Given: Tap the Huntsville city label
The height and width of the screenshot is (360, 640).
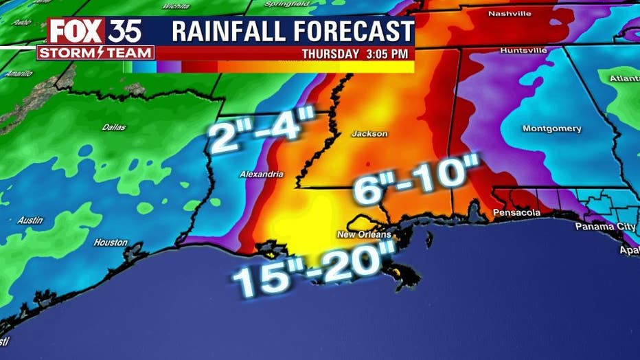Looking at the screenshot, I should [523, 51].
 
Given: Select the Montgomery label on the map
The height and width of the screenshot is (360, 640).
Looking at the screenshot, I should [551, 128].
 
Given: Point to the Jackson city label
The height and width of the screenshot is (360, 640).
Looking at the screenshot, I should [369, 133].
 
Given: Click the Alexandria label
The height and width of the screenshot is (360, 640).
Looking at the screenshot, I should [261, 175].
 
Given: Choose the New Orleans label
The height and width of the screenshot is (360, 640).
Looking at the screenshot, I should [364, 234].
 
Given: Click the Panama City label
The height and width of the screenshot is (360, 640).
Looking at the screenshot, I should [605, 226].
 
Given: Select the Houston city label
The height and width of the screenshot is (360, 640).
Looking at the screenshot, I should [111, 243].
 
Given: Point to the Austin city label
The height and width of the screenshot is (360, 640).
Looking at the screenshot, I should [30, 221].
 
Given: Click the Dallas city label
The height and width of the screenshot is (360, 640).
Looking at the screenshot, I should [114, 127].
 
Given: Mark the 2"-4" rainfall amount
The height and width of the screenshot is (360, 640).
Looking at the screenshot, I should [262, 132].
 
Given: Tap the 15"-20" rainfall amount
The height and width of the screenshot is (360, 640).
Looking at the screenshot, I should [315, 271].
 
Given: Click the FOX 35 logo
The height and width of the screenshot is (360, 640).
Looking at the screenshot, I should [95, 31].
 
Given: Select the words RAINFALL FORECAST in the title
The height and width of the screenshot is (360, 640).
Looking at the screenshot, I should [293, 31].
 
